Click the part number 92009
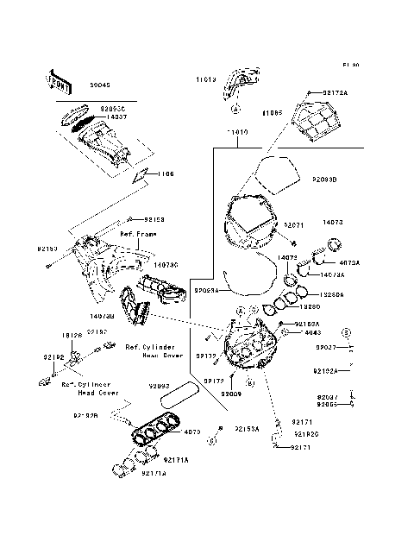[x=230, y=393]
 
